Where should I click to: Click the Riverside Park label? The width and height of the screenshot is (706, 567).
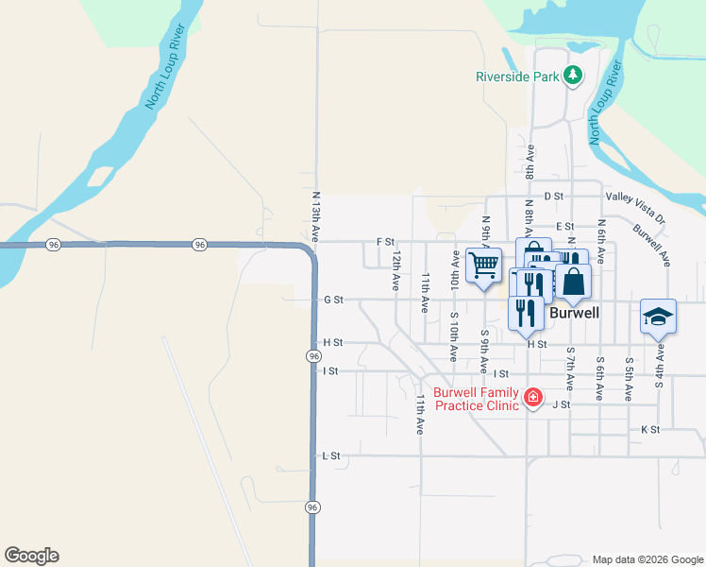pos(517,77)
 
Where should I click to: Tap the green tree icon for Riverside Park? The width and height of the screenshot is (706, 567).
pos(572,75)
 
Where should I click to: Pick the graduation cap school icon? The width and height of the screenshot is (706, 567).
pos(658,317)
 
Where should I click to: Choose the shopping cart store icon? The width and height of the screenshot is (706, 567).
pos(483,265)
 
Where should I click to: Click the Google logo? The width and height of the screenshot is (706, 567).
pos(31,556)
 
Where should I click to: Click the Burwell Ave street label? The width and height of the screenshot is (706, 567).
pos(651,243)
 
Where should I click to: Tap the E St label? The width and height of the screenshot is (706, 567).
pos(565,227)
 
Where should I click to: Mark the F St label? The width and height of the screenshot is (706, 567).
pos(385,242)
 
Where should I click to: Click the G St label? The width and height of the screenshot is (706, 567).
pos(332,300)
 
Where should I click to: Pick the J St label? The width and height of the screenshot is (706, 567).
pos(561,404)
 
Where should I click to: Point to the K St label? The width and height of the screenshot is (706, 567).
pos(649,429)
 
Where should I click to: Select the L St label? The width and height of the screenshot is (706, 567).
pos(330,455)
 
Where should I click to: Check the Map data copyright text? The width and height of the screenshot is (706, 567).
pos(647,559)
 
